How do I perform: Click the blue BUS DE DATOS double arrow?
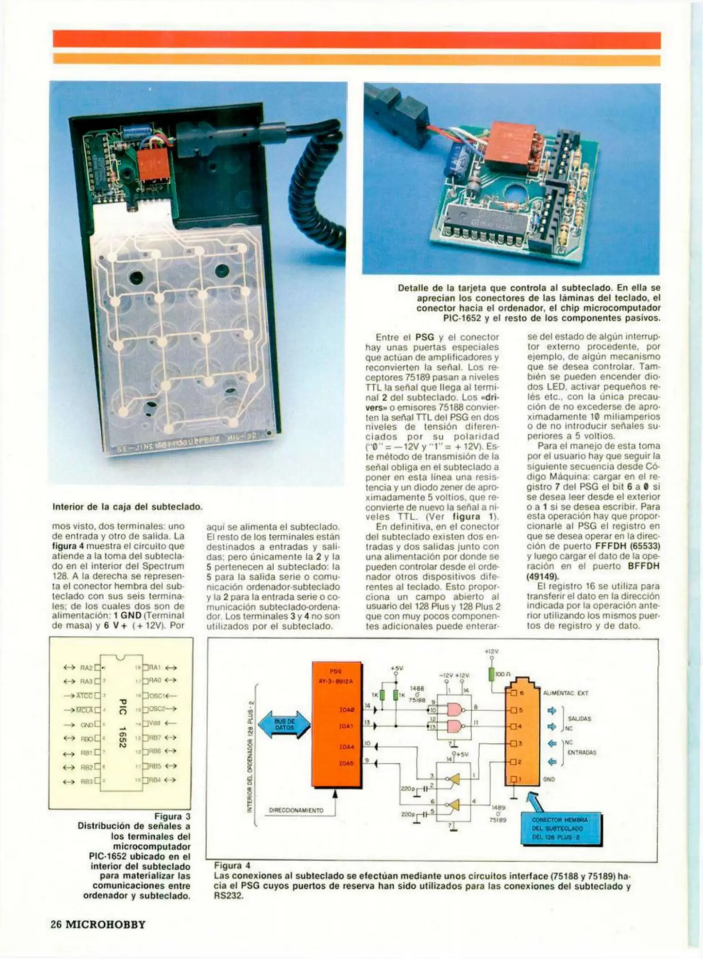[x=284, y=725]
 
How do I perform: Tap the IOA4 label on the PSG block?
[x=347, y=747]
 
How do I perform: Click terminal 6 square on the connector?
[x=513, y=693]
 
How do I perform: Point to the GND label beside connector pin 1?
[x=549, y=779]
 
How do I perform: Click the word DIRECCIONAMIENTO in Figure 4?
[x=296, y=810]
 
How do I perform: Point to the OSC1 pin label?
[x=157, y=695]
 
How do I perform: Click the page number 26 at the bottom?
[x=56, y=925]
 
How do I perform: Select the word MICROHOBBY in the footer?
[x=106, y=925]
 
